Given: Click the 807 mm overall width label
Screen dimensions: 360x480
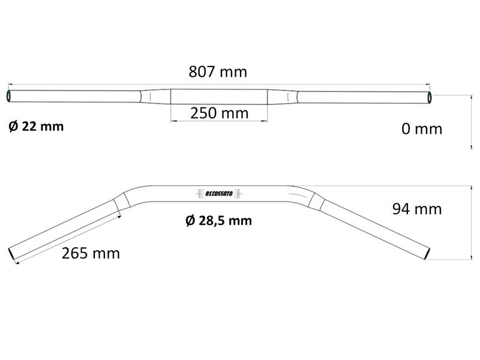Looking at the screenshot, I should (218, 72).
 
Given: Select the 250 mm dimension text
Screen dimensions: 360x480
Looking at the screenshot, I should (219, 113).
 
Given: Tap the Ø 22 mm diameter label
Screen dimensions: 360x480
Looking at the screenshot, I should (36, 127).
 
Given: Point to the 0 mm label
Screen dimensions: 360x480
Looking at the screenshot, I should (421, 129).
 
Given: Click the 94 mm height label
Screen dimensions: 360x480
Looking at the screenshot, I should (416, 209).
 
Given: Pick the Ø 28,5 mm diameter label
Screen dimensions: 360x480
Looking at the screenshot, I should (218, 221).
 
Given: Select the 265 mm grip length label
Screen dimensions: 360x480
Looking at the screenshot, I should (91, 253).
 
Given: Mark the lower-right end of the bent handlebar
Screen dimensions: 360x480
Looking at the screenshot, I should (425, 254).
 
